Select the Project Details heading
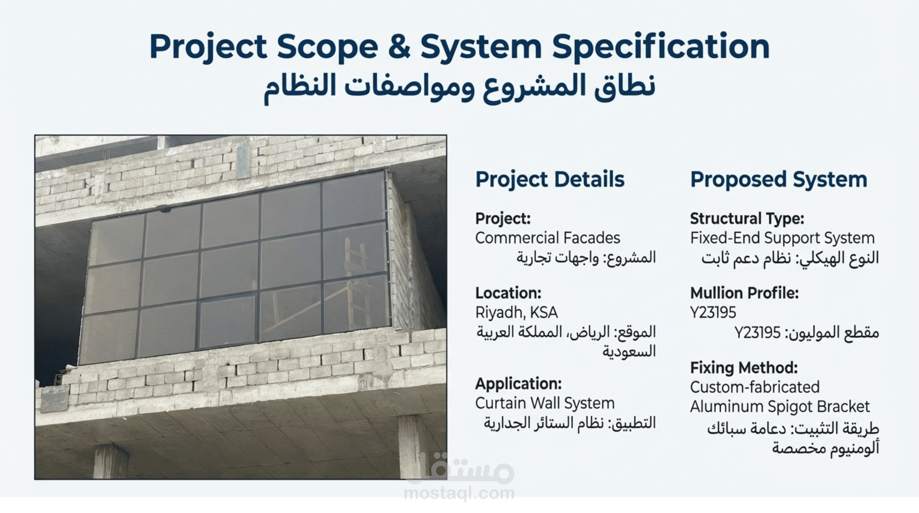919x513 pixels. pyautogui.click(x=550, y=179)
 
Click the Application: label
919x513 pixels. pyautogui.click(x=518, y=384)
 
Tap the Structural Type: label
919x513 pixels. pyautogui.click(x=747, y=219)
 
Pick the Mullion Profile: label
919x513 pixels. pyautogui.click(x=744, y=293)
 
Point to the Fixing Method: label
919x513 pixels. pyautogui.click(x=744, y=368)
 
